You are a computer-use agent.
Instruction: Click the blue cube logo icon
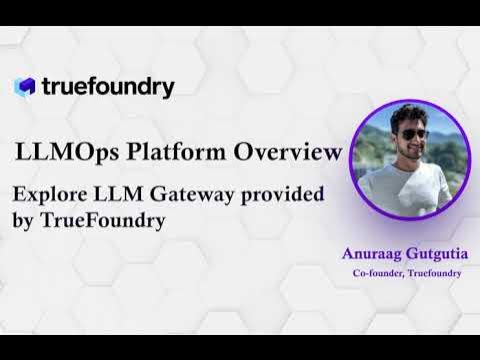coord(25,87)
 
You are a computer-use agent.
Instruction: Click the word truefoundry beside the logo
coord(108,87)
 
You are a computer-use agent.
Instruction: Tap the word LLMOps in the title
coord(55,153)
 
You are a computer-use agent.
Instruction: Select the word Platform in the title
coord(164,153)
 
